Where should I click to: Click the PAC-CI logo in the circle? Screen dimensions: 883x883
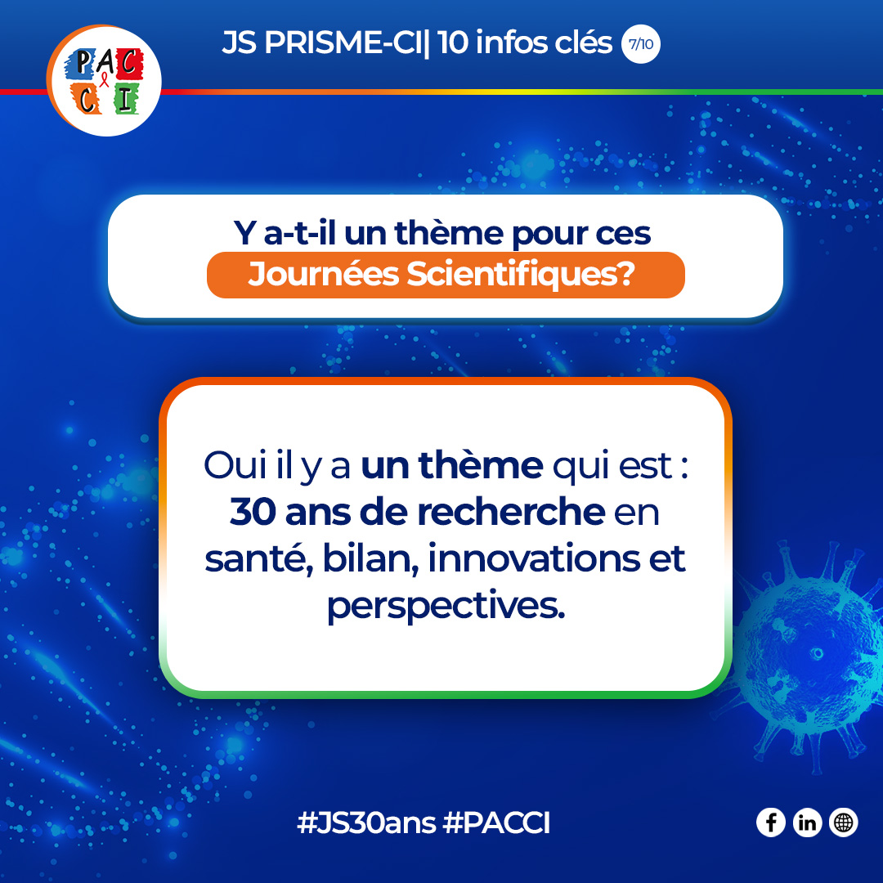tap(104, 81)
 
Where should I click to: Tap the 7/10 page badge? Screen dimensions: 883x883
tap(641, 44)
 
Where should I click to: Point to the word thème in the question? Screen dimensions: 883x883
tap(446, 234)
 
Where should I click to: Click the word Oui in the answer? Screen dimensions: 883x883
tap(233, 466)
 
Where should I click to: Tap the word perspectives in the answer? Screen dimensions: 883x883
tap(446, 607)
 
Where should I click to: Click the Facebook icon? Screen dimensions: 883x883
tap(771, 822)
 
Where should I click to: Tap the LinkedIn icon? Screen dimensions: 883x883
tap(807, 822)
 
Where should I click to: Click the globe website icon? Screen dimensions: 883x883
tap(843, 822)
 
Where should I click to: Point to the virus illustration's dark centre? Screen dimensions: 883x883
tap(815, 652)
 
